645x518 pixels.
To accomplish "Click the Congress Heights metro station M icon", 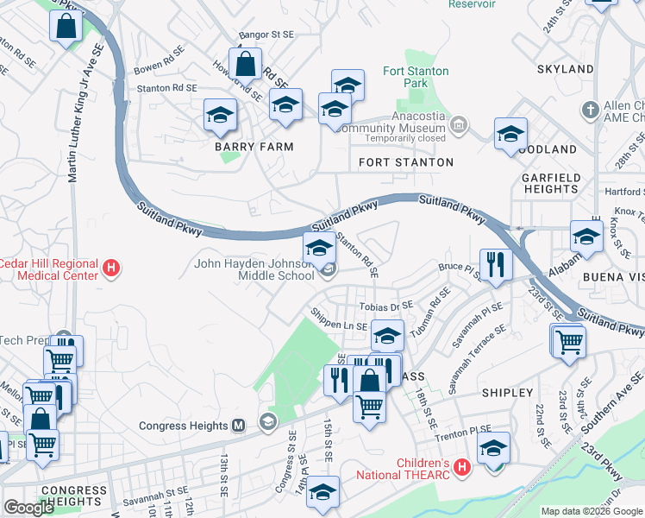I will point(240,425).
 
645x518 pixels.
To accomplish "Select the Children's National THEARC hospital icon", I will point(461,469).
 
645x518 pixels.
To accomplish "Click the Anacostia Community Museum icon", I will point(459,127).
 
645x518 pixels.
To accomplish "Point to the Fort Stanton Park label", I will point(404,77).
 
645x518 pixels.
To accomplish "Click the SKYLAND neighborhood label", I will point(565,68).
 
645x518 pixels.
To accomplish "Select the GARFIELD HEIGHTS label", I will point(550,182).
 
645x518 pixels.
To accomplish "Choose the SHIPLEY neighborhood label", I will point(508,393).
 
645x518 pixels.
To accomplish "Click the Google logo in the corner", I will point(28,508).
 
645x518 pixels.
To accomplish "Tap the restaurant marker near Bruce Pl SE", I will point(495,264).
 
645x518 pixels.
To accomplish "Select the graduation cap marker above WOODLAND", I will point(510,134).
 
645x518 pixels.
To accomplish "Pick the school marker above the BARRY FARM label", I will point(220,115).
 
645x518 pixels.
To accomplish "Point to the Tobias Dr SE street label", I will point(386,306).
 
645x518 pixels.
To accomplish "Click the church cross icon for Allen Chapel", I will point(590,110).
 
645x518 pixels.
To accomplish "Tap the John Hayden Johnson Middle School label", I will point(254,270).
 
